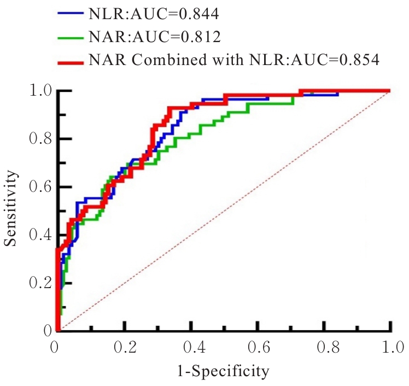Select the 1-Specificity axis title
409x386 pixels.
point(223,372)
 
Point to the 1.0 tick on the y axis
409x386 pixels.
point(42,90)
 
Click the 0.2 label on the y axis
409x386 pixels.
point(42,283)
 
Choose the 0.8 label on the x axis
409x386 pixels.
point(324,348)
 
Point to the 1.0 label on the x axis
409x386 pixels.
point(390,348)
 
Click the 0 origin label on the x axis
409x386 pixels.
point(55,348)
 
